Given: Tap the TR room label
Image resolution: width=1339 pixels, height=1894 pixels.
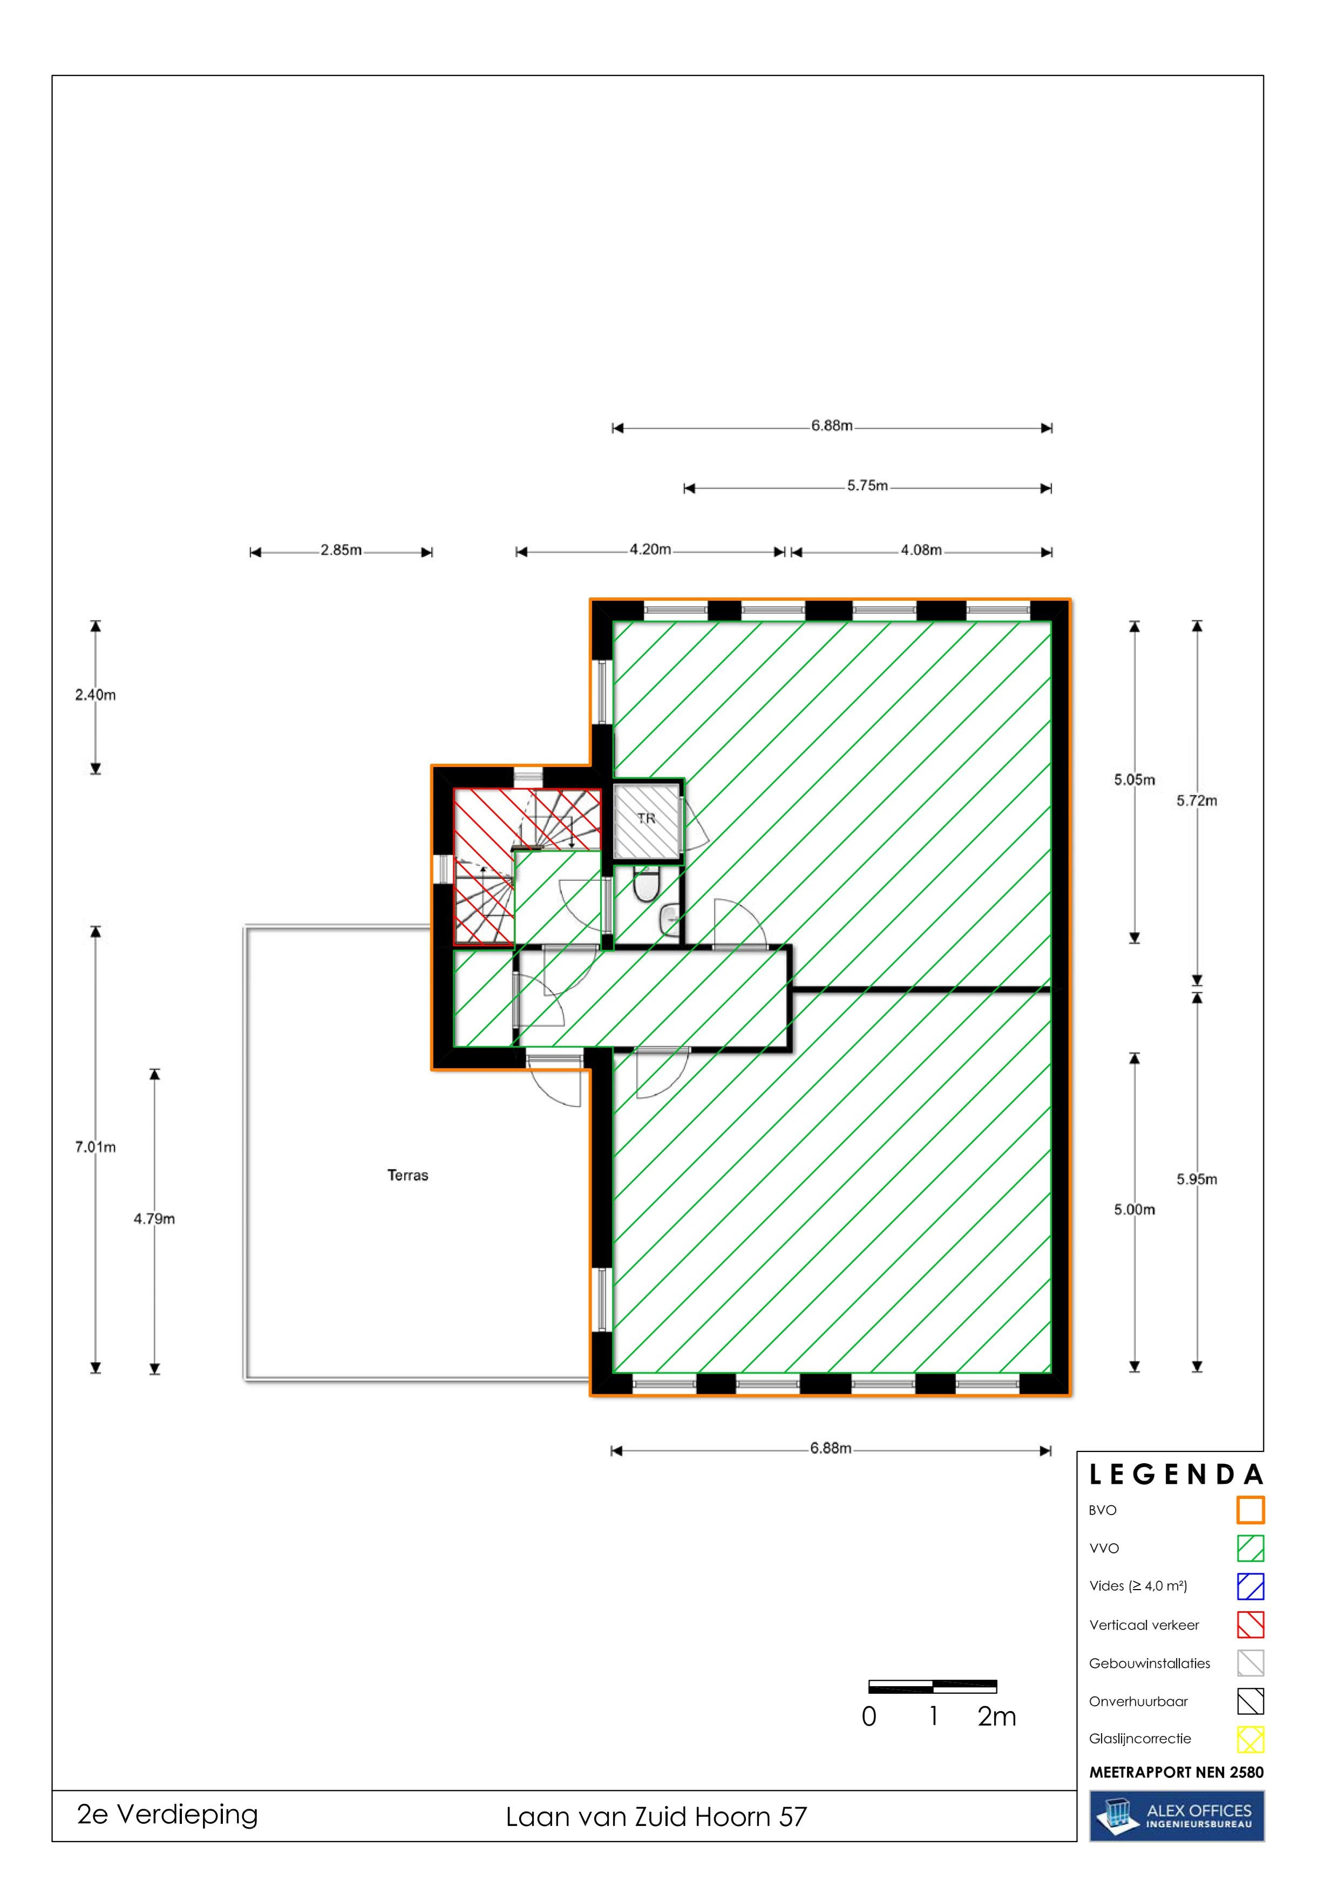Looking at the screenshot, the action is click(x=646, y=818).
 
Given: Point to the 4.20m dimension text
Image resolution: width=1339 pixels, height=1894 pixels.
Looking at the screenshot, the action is click(x=650, y=549).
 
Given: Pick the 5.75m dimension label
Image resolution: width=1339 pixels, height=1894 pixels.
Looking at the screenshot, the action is click(x=867, y=486).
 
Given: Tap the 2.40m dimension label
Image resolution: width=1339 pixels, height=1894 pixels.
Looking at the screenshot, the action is click(x=96, y=695).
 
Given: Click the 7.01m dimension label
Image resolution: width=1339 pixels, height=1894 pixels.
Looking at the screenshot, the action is click(x=96, y=1146).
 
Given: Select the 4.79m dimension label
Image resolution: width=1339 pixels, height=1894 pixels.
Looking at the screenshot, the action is click(x=154, y=1218).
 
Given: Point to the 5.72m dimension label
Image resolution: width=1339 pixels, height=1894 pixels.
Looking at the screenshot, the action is click(x=1197, y=800).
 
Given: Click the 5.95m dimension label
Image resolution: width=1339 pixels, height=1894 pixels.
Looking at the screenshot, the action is click(x=1197, y=1179).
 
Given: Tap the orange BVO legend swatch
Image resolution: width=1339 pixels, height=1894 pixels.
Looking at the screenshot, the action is click(x=1250, y=1510).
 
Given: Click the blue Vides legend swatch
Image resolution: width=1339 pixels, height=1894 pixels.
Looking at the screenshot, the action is click(x=1250, y=1586).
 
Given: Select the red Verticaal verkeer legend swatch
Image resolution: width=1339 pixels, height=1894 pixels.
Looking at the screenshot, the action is click(x=1250, y=1624).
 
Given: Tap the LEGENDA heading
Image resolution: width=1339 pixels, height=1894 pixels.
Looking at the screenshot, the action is click(x=1177, y=1474).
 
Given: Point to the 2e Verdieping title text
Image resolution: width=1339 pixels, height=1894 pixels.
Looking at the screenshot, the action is click(x=167, y=1815).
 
